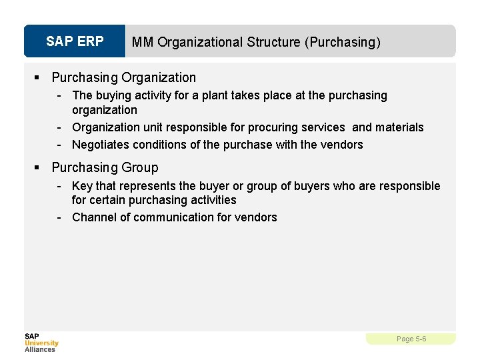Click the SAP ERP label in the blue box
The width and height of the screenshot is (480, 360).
pos(75,41)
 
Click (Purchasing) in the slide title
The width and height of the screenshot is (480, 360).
pos(343,42)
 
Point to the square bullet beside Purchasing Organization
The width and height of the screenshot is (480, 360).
pos(41,78)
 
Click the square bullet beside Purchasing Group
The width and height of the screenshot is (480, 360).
pos(41,167)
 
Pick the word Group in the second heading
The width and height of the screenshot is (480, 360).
pos(139,167)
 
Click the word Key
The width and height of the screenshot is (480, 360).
pos(82,186)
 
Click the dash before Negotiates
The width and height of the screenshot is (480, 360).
pos(60,145)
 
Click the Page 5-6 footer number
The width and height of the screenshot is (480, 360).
pos(411,339)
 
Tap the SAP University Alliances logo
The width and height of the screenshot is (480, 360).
pos(41,342)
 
